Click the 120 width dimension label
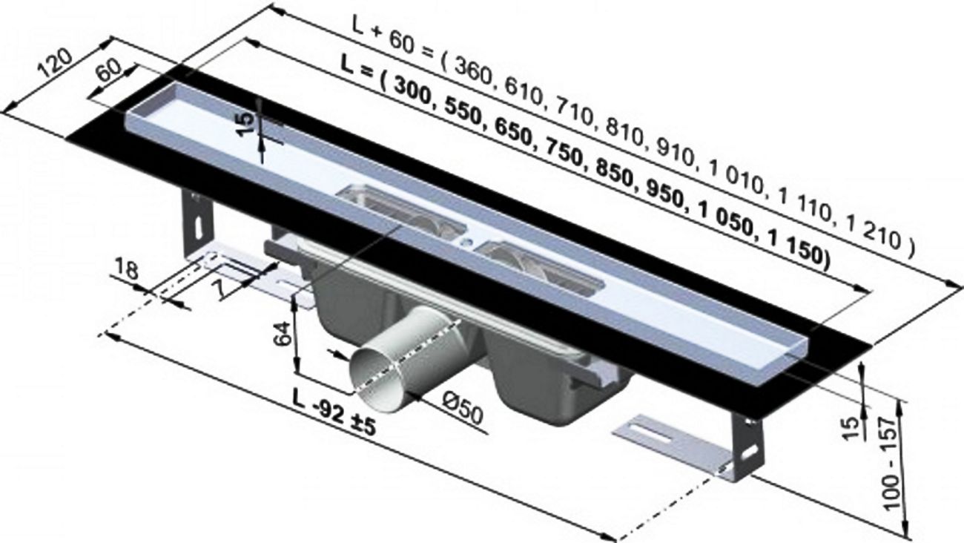point(55,64)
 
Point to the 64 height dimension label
point(283,334)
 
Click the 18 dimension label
point(127,270)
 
